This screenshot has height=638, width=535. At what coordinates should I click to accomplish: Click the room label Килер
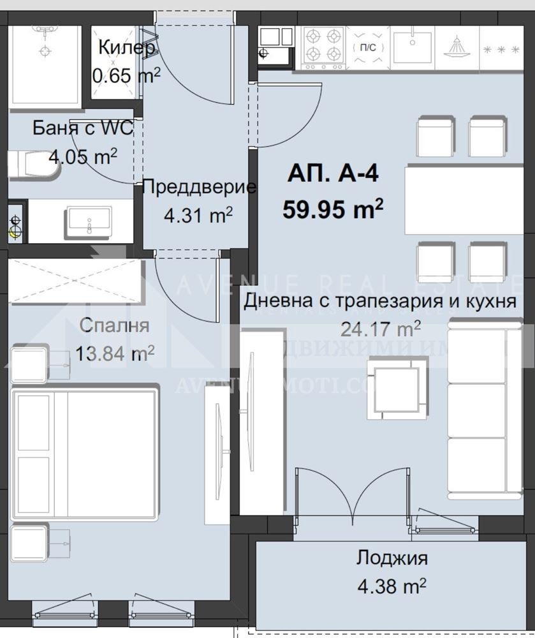[x=126, y=48]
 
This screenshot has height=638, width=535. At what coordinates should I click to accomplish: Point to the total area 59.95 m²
[x=333, y=209]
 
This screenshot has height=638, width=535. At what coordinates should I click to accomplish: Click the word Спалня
[x=114, y=325]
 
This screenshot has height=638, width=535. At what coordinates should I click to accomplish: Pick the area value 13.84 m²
[x=114, y=353]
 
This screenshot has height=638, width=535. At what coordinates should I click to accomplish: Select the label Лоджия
[x=392, y=558]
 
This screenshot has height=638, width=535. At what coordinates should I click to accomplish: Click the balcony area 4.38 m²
[x=392, y=585]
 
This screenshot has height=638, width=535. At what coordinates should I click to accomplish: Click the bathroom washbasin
[x=89, y=220]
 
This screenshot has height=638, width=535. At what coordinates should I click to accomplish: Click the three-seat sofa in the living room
[x=478, y=408]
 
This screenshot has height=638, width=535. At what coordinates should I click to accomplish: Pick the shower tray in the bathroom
[x=45, y=64]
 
